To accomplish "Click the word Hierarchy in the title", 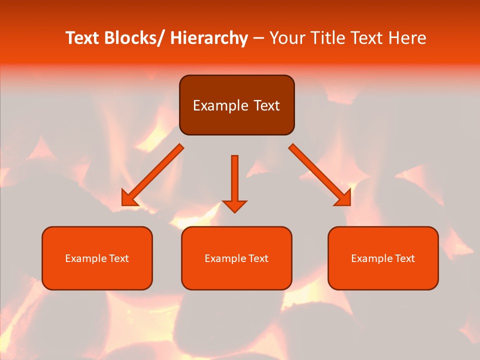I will pos(209,38).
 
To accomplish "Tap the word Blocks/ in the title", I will pos(135,38).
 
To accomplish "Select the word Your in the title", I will pos(286,38).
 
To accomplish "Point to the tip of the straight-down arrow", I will pos(234,211).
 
